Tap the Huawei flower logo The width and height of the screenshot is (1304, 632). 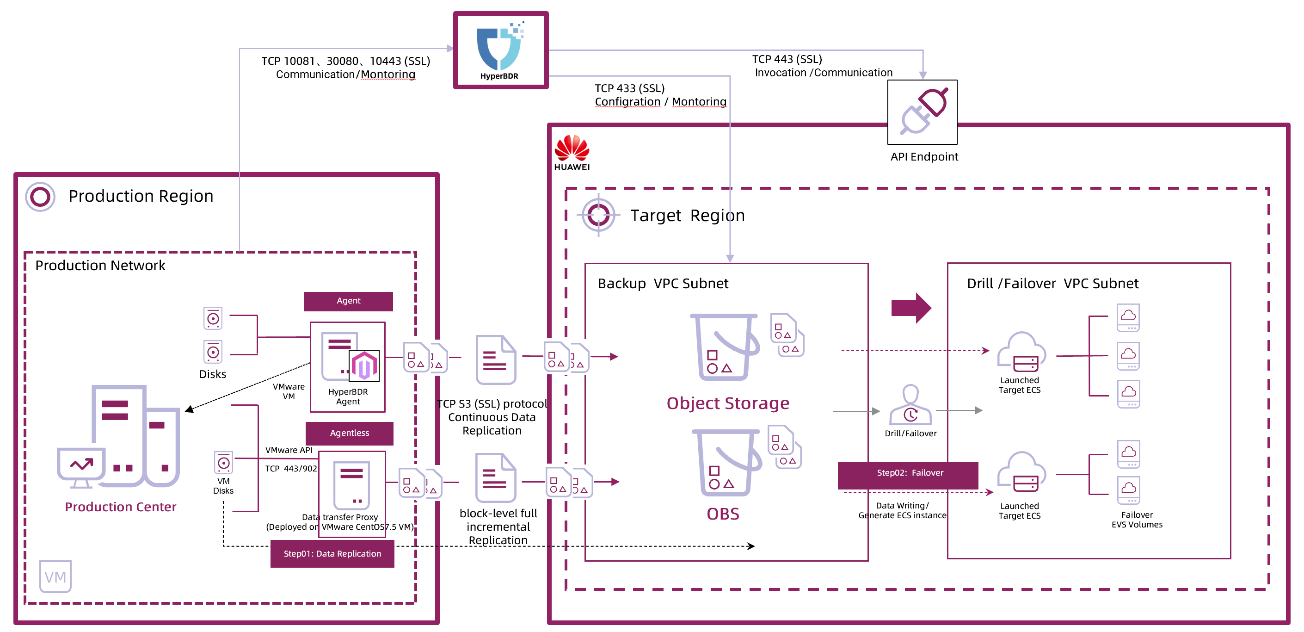tap(572, 149)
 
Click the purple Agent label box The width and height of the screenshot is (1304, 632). tap(348, 301)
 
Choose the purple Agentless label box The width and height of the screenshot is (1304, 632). tap(349, 433)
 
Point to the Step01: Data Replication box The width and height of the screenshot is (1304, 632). tap(332, 553)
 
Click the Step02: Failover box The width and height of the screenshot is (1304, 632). tap(909, 473)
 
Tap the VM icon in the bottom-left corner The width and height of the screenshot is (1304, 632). tap(55, 576)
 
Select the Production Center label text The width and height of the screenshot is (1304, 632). tap(121, 507)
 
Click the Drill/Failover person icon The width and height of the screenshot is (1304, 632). tap(910, 405)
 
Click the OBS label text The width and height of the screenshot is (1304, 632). tap(723, 514)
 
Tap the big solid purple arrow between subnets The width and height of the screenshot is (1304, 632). tap(911, 307)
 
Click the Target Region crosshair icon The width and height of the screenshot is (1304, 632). tap(598, 215)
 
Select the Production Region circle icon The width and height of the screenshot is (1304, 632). tap(40, 197)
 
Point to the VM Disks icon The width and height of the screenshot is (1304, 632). tap(223, 462)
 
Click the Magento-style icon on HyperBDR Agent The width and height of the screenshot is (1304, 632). tap(364, 366)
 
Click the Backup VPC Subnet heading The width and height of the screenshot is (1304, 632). tap(663, 284)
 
